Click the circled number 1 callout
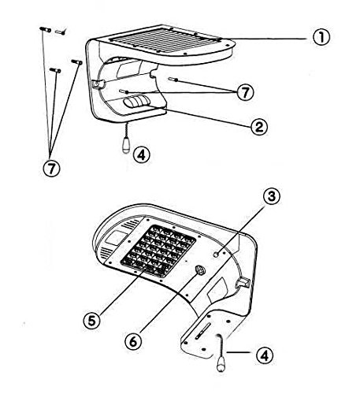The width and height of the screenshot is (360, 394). coord(321,37)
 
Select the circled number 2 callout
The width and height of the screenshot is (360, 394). coord(259,127)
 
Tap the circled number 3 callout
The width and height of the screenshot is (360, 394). coord(272,196)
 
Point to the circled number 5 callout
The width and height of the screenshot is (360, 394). coord(92,321)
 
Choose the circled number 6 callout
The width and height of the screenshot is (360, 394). coord(133,342)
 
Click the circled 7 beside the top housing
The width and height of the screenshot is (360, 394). coord(245,92)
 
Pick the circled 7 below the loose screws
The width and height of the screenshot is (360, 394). coord(51,168)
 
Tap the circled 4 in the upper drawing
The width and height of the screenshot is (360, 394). coord(141,155)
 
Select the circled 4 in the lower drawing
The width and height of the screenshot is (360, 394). coord(265,356)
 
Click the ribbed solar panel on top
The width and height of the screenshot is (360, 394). coord(165,40)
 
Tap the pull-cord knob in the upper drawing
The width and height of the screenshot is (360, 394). coord(126,147)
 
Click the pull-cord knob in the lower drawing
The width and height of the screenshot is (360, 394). coord(221,365)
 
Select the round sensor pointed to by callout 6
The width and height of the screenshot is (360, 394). coord(201,269)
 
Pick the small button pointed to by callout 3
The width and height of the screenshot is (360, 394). coord(217,255)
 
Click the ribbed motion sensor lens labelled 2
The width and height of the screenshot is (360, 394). coord(136,102)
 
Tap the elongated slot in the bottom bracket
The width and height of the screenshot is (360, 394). coord(202,330)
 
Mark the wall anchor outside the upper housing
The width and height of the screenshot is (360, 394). coord(174,79)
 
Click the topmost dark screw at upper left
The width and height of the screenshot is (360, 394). coord(45,29)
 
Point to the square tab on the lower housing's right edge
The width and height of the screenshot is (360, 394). coord(243,282)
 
